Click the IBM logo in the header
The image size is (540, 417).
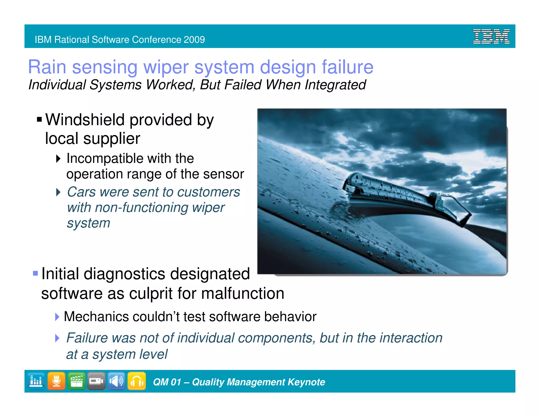click(x=491, y=36)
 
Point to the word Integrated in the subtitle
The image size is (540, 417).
click(x=335, y=85)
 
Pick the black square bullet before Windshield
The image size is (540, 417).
click(x=40, y=120)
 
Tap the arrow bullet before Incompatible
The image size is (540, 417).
click(x=58, y=159)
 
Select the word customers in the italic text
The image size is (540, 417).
click(x=209, y=192)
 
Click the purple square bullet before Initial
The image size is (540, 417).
click(x=35, y=273)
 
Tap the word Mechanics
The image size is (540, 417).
click(x=96, y=317)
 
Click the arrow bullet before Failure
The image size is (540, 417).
click(x=57, y=338)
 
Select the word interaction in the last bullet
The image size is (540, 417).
click(x=411, y=338)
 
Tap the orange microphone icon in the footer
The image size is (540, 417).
click(x=56, y=381)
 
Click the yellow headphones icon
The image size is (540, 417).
click(x=137, y=381)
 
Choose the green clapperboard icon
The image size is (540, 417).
click(x=76, y=381)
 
